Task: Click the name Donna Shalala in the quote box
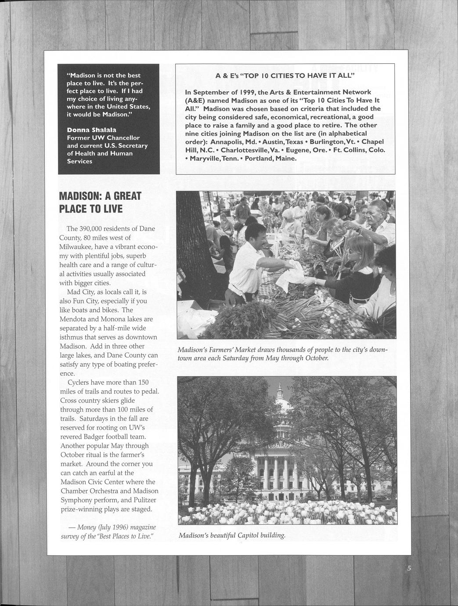(91, 130)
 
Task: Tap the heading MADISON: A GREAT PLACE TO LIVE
(100, 202)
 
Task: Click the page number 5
(409, 569)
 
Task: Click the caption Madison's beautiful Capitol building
(232, 536)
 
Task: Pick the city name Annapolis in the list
(228, 142)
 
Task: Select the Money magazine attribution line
(108, 531)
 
